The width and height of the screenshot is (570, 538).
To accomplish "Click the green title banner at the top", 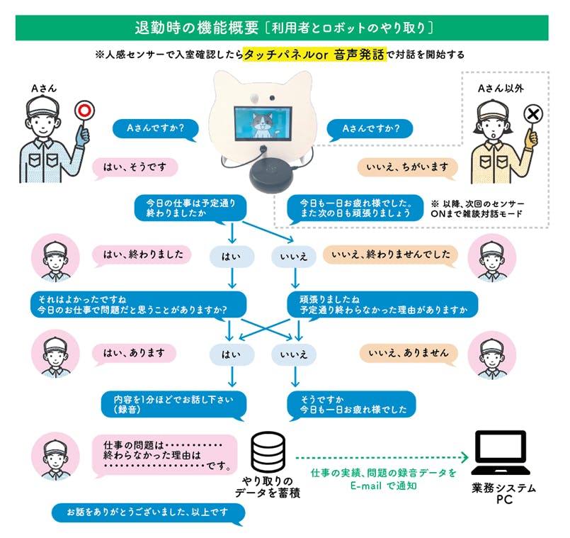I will (284, 27).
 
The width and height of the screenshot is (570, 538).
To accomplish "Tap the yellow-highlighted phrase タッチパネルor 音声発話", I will (314, 55).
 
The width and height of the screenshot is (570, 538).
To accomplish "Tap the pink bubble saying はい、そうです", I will (135, 167).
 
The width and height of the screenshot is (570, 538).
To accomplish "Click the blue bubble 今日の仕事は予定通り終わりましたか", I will (190, 206).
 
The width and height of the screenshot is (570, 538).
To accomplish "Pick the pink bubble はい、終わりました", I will (142, 254).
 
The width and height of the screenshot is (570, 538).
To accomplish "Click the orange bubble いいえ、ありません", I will (408, 352).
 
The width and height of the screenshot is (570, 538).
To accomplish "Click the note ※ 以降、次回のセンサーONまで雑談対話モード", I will (475, 208).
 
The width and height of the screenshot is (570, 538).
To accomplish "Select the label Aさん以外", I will (500, 88).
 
